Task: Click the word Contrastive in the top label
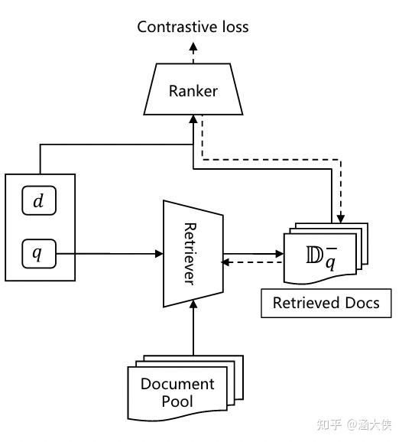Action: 173,28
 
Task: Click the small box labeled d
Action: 38,202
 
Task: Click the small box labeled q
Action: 38,252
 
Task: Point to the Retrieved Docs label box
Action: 326,303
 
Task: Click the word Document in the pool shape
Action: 177,384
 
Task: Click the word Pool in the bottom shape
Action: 177,401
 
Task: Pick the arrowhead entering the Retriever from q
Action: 159,253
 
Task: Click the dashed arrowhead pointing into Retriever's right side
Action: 225,262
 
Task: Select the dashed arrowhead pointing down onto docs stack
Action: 342,220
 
